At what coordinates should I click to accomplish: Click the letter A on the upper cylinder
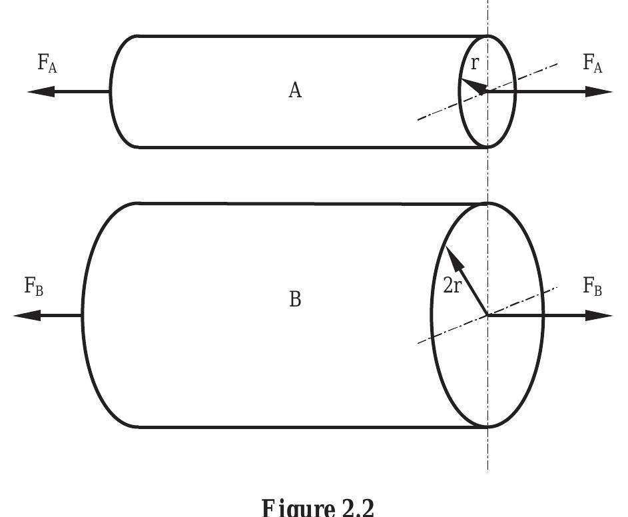coord(295,91)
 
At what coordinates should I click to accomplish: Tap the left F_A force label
coord(47,65)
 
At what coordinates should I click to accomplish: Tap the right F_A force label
coord(593,65)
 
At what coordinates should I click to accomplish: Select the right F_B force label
coord(593,286)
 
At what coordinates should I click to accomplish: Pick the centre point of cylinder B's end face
coord(488,314)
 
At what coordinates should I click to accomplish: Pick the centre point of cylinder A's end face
coord(488,91)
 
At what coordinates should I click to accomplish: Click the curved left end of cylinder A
coord(111,91)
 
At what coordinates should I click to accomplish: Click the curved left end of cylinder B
coord(83,314)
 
